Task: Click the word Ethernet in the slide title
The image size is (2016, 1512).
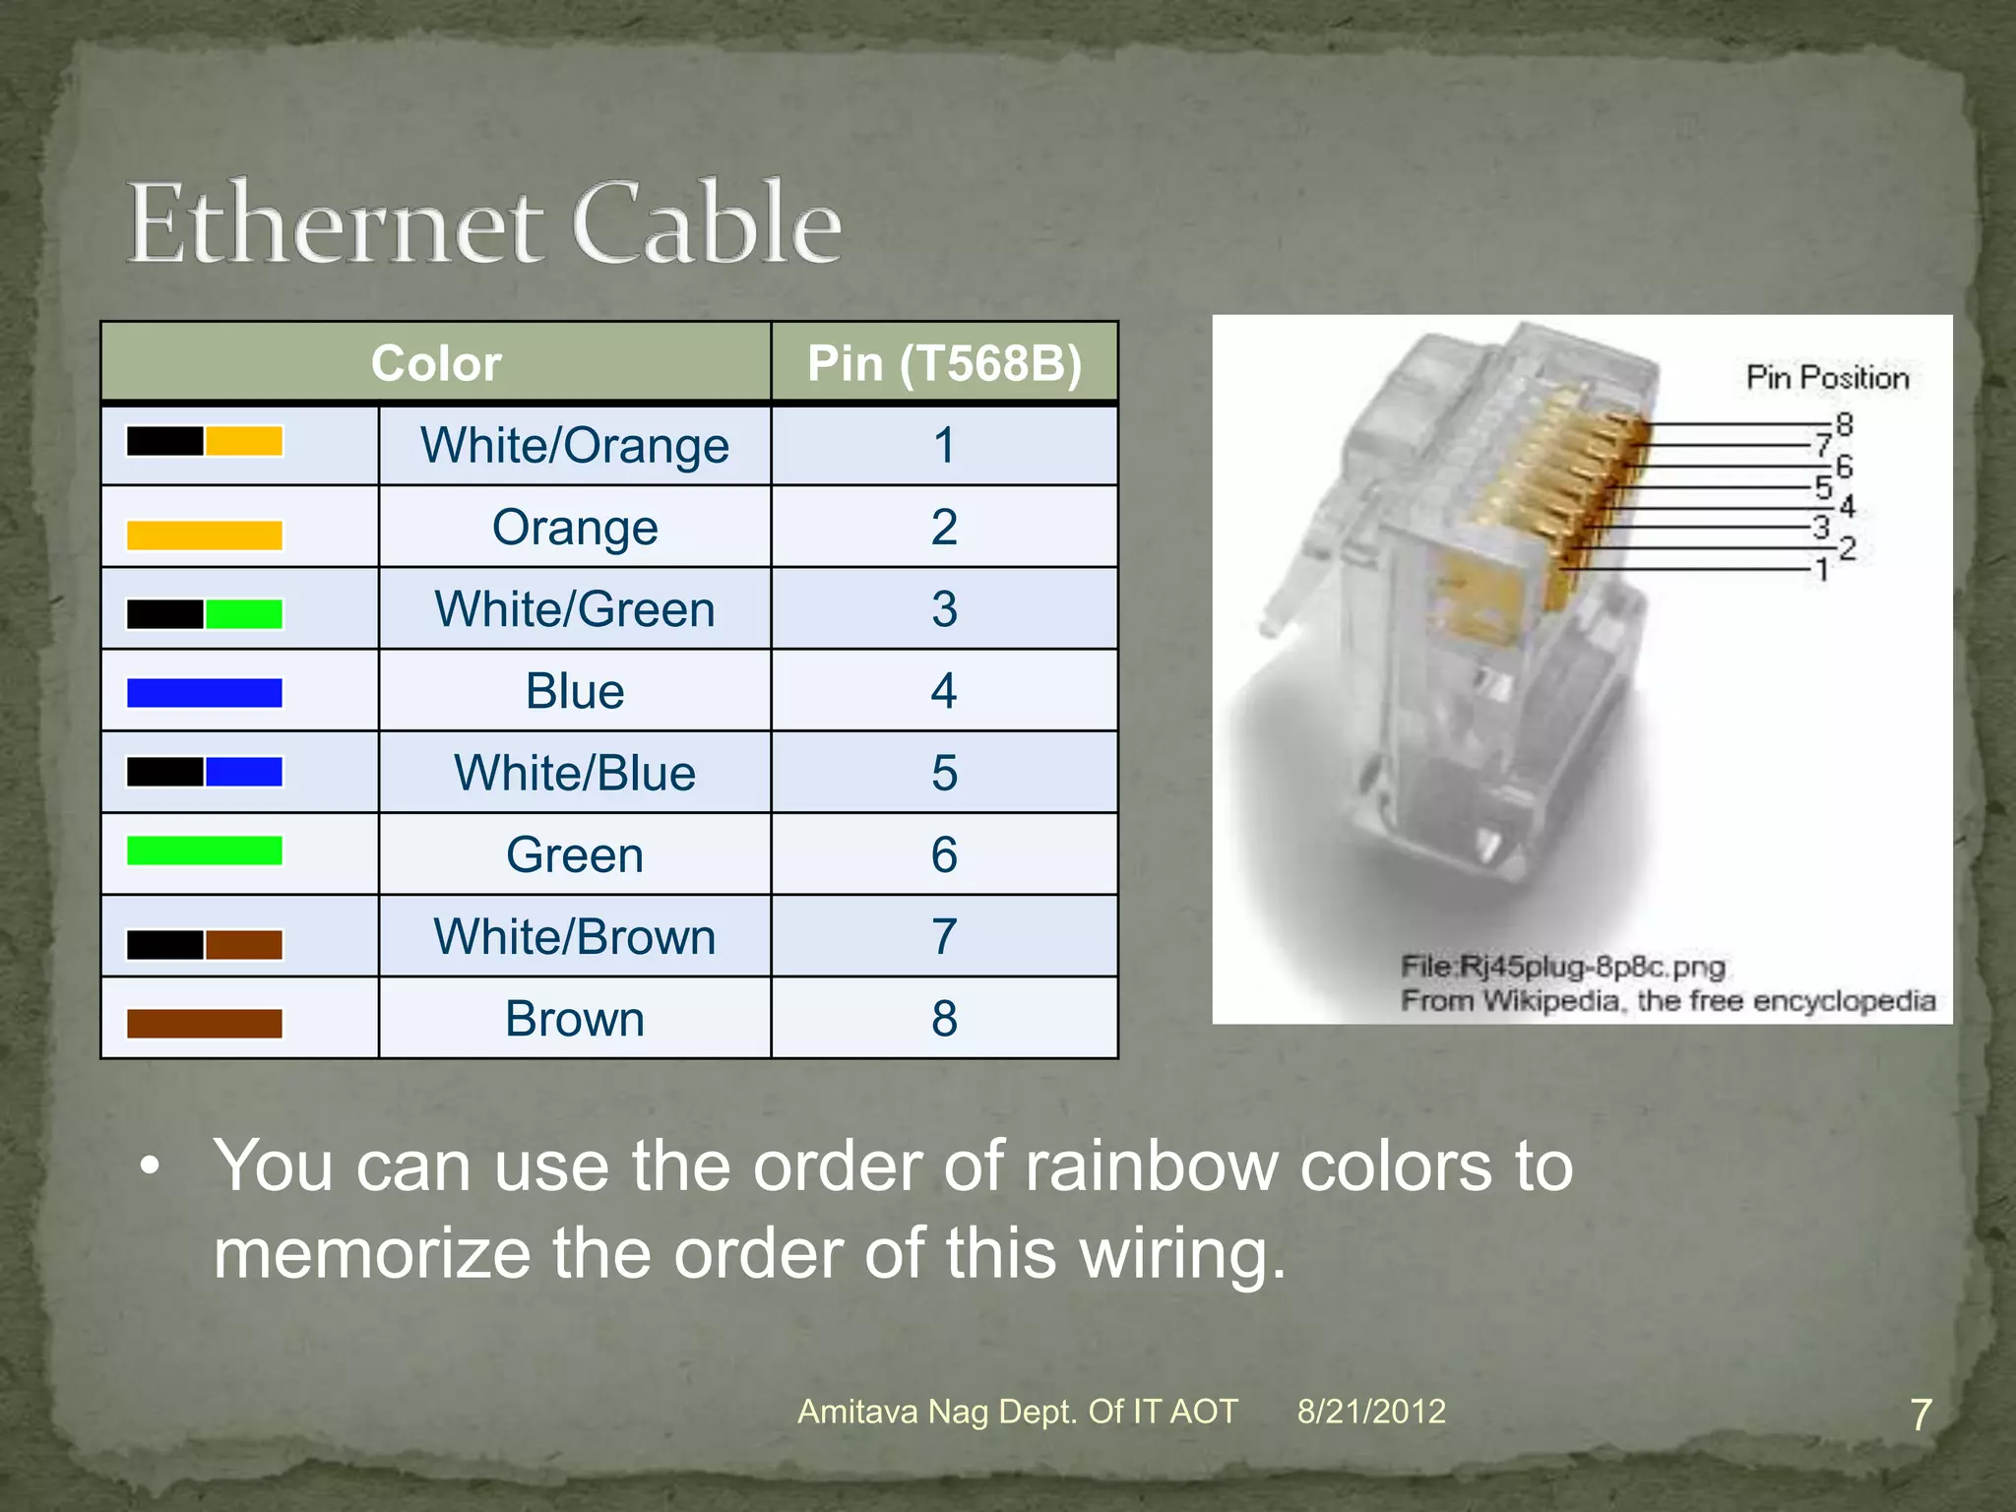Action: (x=335, y=224)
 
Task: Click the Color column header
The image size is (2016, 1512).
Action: (x=436, y=363)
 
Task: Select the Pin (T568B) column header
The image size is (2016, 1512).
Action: (x=943, y=363)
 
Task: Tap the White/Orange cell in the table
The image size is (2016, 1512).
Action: (x=575, y=445)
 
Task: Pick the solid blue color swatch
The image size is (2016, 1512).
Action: (x=205, y=693)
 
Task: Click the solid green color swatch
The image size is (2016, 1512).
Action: (x=205, y=850)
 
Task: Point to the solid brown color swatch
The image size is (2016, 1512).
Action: (x=205, y=1024)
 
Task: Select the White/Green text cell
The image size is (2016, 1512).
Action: (x=575, y=609)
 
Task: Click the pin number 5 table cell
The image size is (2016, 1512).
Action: (x=943, y=773)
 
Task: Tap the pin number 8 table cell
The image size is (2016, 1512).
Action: (x=943, y=1019)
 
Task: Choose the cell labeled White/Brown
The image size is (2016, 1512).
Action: (x=575, y=937)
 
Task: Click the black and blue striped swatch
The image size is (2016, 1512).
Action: (x=205, y=772)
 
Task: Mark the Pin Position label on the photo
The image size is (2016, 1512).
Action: (x=1827, y=378)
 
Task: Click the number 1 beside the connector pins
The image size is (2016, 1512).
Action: (x=1822, y=570)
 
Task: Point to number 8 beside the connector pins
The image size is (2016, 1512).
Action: (x=1844, y=425)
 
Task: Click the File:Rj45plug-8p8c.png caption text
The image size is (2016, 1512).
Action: (x=1562, y=967)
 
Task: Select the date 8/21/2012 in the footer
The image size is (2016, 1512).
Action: (x=1370, y=1412)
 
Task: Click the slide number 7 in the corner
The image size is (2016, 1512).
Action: (x=1921, y=1416)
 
